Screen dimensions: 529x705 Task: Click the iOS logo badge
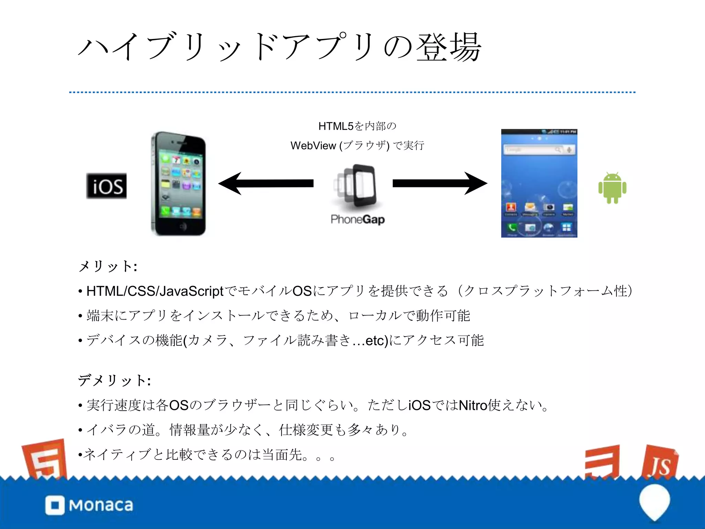(x=106, y=186)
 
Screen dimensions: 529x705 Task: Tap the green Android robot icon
(x=612, y=188)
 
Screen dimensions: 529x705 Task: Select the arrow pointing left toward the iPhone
(x=265, y=184)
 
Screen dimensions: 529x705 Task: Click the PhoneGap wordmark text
(x=358, y=219)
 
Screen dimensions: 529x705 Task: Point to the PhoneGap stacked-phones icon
(x=356, y=186)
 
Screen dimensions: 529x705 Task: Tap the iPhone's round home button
(x=183, y=226)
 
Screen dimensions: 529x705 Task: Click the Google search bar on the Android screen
(x=539, y=150)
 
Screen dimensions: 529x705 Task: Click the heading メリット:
(x=108, y=266)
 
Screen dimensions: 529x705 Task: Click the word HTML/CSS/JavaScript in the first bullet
(x=155, y=291)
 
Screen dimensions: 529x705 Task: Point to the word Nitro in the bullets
(x=473, y=405)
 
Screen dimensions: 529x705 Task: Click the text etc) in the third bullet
(x=377, y=341)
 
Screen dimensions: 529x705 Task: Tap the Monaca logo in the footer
(x=89, y=505)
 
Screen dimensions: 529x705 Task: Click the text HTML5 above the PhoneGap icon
(x=336, y=126)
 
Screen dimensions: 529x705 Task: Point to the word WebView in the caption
(x=313, y=146)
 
